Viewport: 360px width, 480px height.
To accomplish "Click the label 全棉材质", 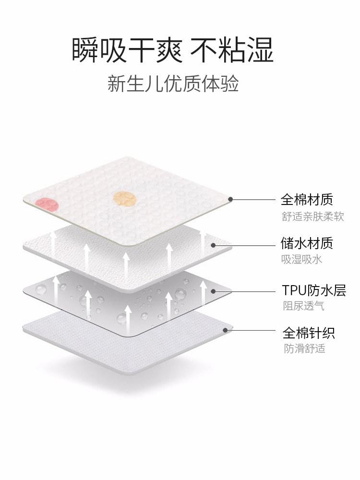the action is click(x=307, y=199).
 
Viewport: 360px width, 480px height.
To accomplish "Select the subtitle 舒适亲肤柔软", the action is click(x=312, y=216).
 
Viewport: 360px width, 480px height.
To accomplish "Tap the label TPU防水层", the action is click(x=314, y=290).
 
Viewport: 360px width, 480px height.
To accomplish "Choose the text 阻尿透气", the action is click(x=303, y=305).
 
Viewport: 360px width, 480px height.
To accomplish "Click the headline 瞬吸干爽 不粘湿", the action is click(x=173, y=49).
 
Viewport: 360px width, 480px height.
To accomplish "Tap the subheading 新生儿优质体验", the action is click(x=173, y=85).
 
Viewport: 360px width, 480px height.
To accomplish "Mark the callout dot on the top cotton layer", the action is click(x=231, y=199).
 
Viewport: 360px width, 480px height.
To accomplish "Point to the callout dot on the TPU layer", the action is click(x=213, y=290).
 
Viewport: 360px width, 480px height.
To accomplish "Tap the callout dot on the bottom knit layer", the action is click(x=226, y=330).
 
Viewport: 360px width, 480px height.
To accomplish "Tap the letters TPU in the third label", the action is click(x=291, y=290).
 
